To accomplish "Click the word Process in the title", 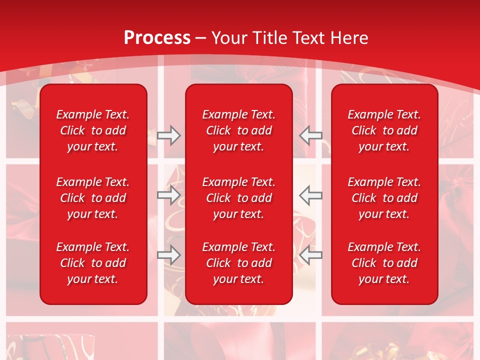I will click(157, 38).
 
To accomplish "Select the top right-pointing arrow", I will click(168, 135).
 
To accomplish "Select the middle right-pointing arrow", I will click(168, 195).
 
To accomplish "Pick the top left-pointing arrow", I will click(311, 135).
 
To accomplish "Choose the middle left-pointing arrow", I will click(311, 195).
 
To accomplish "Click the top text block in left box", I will click(93, 130).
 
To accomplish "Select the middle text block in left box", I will click(93, 198).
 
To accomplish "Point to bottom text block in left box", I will click(93, 263).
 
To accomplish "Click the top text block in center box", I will click(239, 130).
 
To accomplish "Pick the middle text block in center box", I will click(239, 198).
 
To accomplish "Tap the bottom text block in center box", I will click(239, 263).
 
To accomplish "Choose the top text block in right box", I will click(384, 130).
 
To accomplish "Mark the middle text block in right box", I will click(384, 198).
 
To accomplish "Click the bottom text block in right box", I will click(384, 263).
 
